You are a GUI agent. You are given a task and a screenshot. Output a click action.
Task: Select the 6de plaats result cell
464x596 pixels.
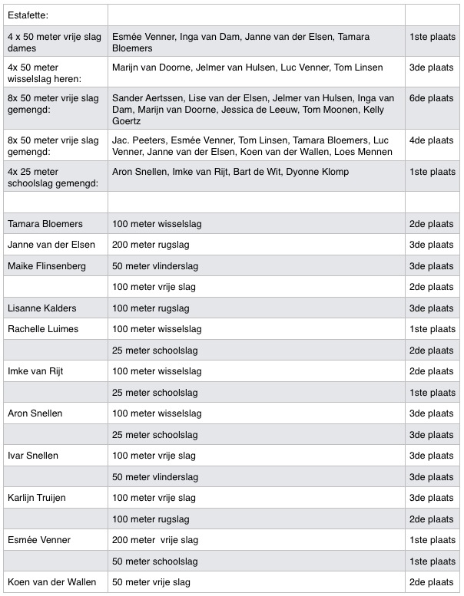click(431, 98)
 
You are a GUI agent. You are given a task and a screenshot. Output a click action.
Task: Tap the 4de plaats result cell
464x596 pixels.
click(431, 140)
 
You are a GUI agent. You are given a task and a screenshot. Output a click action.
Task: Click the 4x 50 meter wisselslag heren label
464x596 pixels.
click(44, 73)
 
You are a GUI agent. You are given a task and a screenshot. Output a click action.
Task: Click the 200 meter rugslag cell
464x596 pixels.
click(151, 245)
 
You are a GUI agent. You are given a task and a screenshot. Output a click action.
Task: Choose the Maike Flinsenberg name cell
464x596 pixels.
click(47, 266)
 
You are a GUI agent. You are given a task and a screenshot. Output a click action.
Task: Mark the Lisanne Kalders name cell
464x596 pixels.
click(42, 308)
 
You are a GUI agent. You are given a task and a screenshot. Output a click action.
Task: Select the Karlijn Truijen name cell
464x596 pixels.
click(36, 498)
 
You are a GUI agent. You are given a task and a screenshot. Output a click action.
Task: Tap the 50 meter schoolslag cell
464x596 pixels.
click(150, 561)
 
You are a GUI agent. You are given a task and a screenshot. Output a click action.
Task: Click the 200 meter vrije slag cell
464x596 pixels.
click(155, 540)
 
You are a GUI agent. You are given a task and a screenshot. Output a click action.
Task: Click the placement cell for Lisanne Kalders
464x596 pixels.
click(431, 308)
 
